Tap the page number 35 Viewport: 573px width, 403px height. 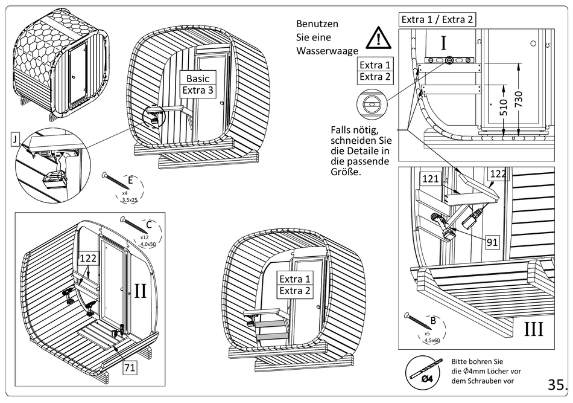[557, 385]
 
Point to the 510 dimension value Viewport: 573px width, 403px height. [504, 107]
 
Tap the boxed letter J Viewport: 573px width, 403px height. [14, 140]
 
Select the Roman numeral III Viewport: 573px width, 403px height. [533, 329]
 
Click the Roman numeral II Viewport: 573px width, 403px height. [140, 291]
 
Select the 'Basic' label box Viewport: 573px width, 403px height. [198, 79]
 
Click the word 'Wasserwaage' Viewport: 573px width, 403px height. [327, 51]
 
